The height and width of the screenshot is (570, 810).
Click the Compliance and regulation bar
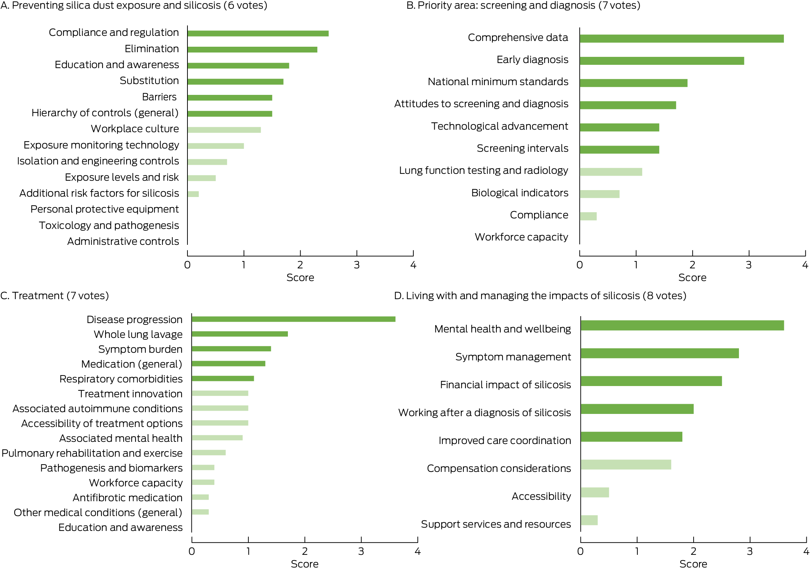(x=258, y=33)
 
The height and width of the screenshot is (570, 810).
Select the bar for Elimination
(x=252, y=50)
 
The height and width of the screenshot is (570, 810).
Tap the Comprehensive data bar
(x=682, y=39)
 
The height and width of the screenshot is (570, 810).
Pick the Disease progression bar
(x=293, y=319)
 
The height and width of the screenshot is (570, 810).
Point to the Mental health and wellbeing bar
(x=682, y=325)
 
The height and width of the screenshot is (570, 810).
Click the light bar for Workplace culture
(x=224, y=130)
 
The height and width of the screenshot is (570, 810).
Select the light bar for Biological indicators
(x=599, y=194)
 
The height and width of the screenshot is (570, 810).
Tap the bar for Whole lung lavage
(x=240, y=334)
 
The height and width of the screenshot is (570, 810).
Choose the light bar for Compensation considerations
(x=626, y=465)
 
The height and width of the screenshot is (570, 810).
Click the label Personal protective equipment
(x=104, y=209)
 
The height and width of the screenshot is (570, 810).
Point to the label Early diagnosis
(x=532, y=60)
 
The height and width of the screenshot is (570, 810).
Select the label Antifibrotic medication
(x=127, y=498)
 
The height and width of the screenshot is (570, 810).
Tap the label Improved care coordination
(x=505, y=441)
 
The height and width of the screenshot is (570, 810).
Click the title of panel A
(x=134, y=5)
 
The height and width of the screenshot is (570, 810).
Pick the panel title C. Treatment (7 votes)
(x=54, y=296)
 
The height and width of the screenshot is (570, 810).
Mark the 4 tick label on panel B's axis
(x=805, y=265)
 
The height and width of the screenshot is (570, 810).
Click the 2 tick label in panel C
(x=305, y=552)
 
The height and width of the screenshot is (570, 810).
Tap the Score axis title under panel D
(x=693, y=564)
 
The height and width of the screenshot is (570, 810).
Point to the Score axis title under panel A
(x=300, y=278)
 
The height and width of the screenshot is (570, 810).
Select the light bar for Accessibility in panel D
(x=595, y=493)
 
